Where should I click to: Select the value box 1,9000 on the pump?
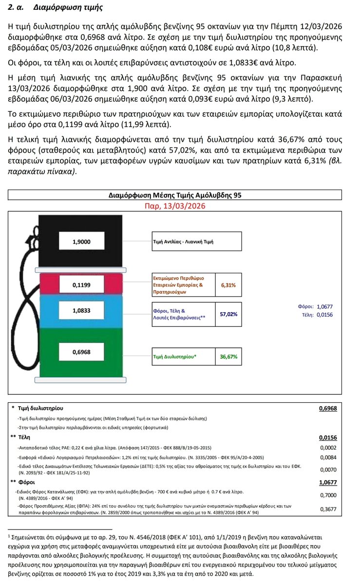click(x=82, y=241)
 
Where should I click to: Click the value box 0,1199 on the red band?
click(x=82, y=285)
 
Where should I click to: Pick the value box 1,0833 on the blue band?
click(x=82, y=310)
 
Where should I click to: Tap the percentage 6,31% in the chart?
click(x=228, y=285)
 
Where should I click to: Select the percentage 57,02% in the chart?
click(x=228, y=314)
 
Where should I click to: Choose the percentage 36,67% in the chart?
click(x=228, y=357)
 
